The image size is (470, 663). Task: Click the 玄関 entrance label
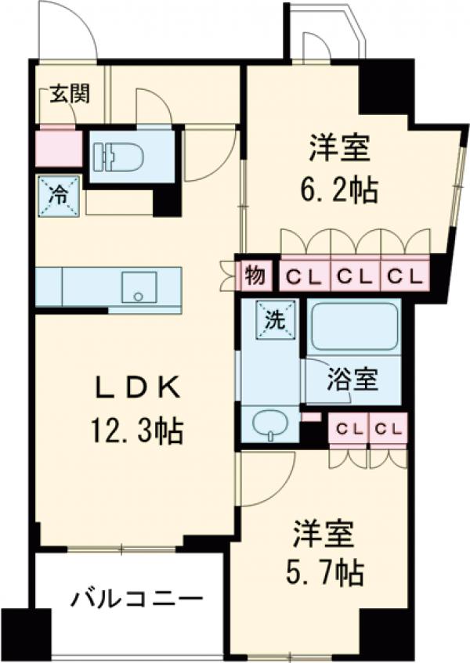coord(69,93)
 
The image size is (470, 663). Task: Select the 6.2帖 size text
coord(334,189)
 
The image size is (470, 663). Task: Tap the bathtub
coord(353,326)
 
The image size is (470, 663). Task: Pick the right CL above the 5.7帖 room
coord(389,429)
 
